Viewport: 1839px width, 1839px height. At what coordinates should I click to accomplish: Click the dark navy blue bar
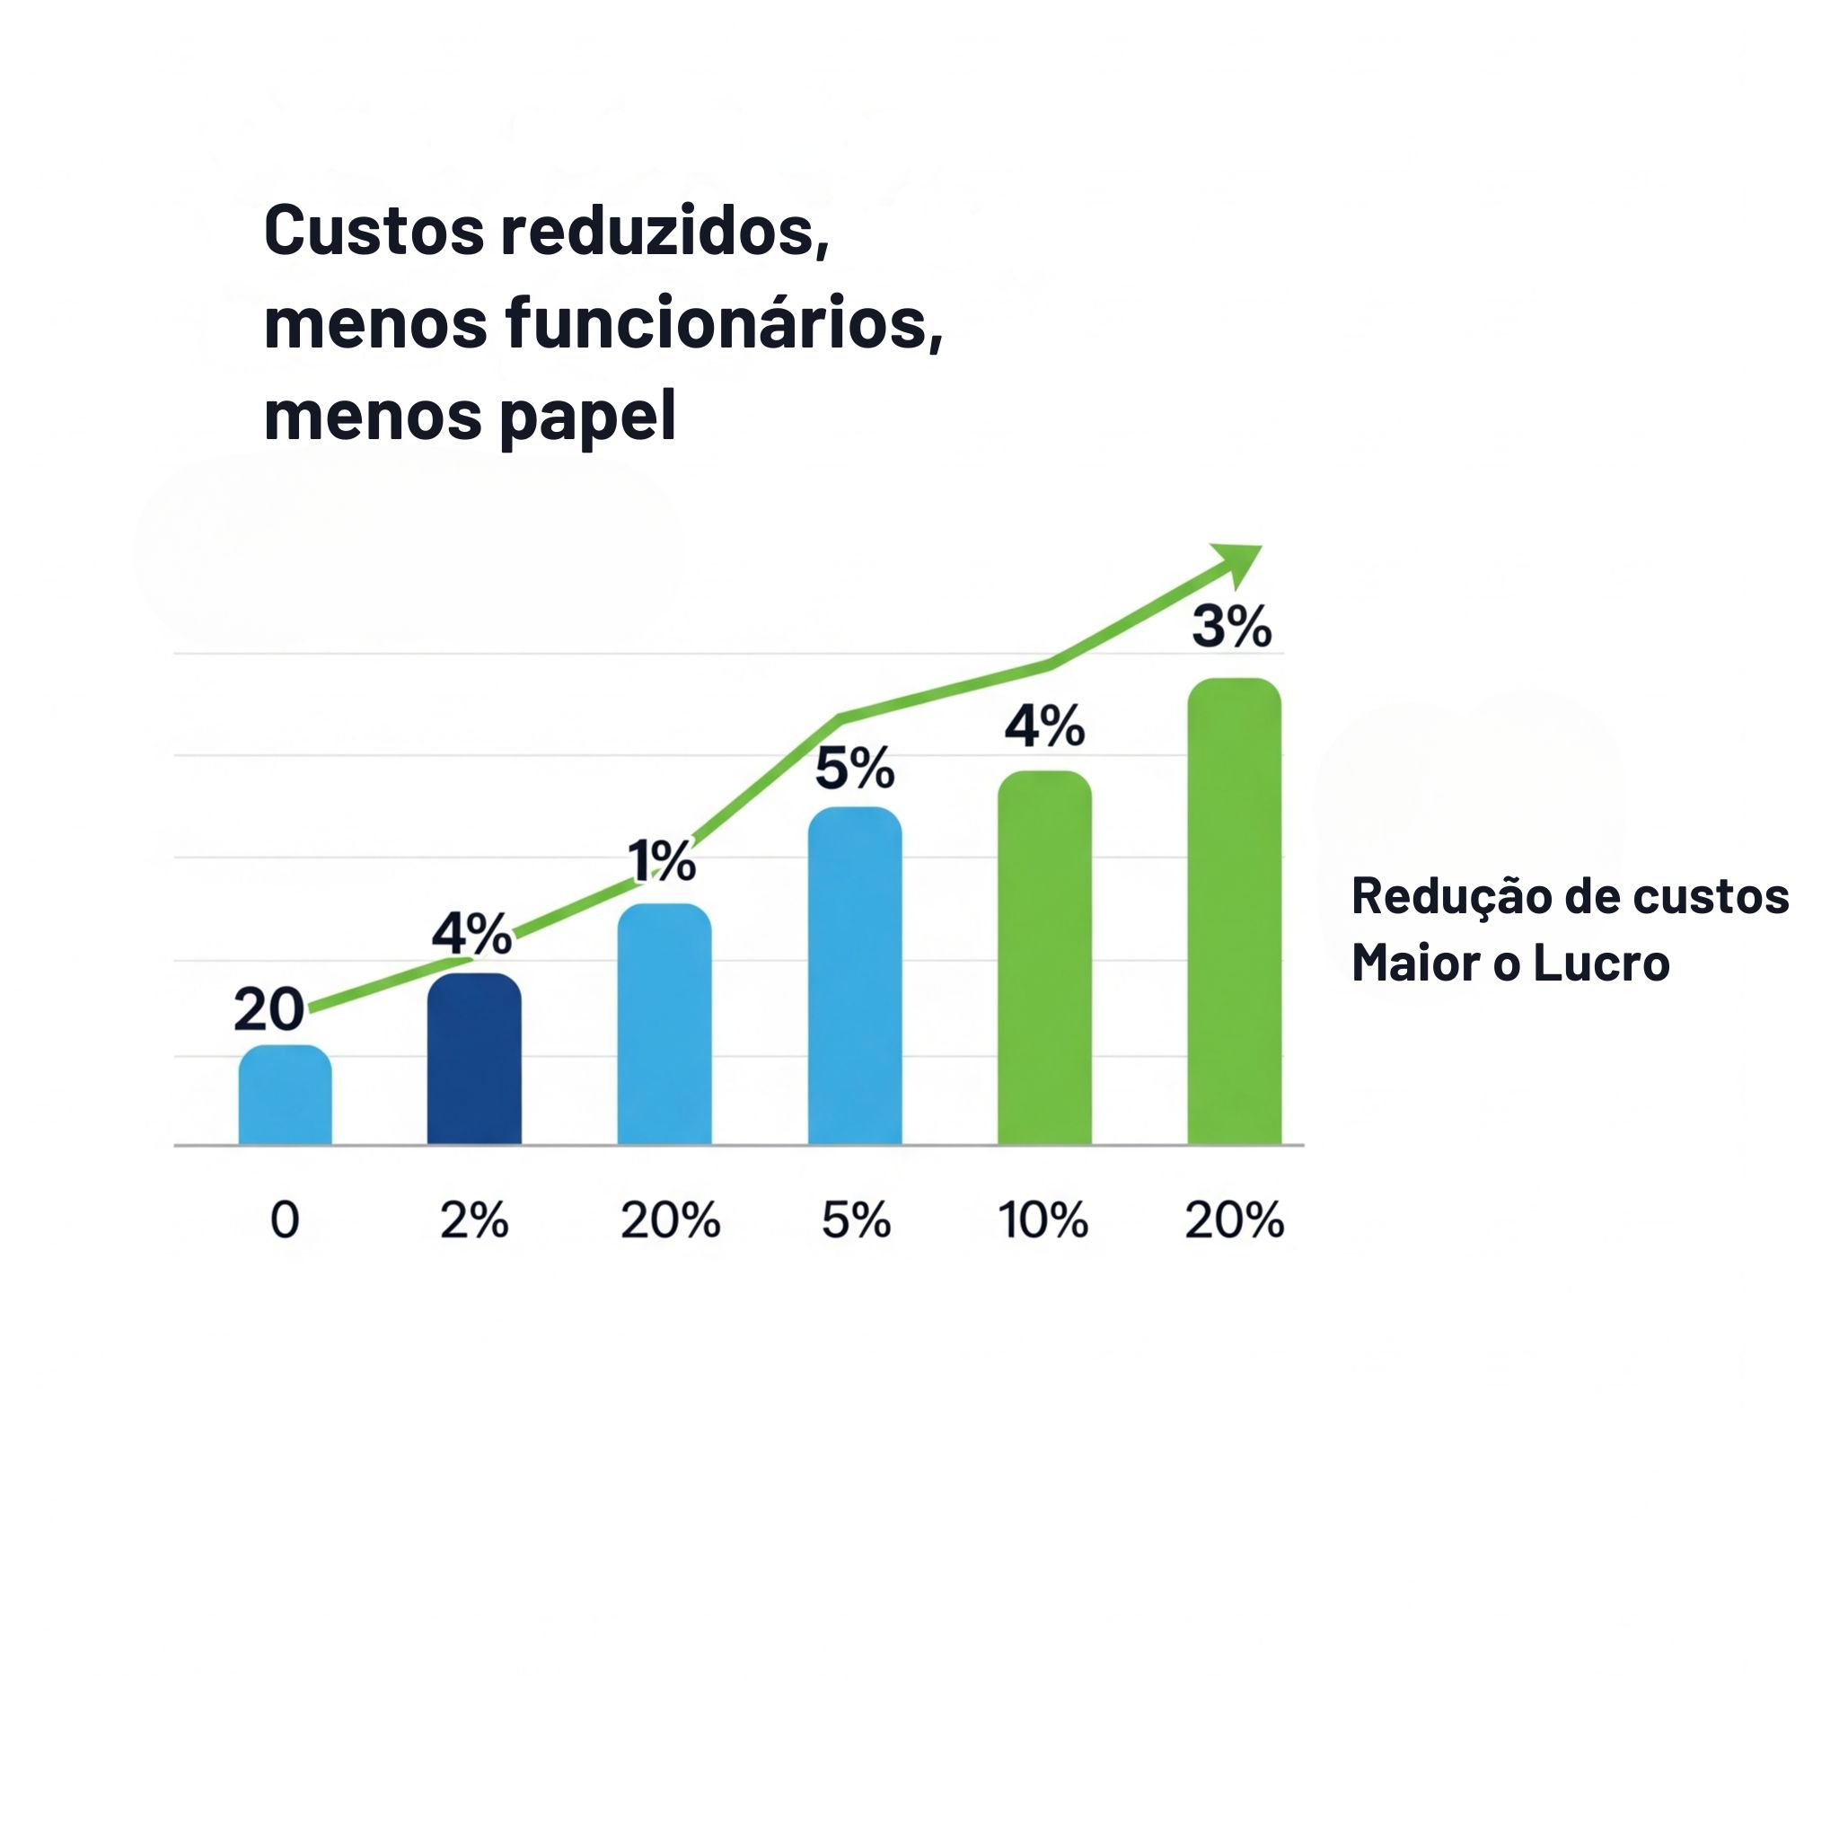[x=474, y=1059]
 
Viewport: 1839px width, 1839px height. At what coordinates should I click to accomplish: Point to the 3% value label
[x=1232, y=628]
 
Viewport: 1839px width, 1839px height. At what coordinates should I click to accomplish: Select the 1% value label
[x=662, y=861]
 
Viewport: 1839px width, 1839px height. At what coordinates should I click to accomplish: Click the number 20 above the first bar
[x=268, y=1009]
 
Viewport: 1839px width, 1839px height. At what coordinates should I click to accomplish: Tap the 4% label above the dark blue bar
[x=472, y=933]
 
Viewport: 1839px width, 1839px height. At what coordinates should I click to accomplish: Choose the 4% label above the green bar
[x=1044, y=727]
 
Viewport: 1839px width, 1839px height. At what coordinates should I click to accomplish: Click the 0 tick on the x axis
[x=285, y=1220]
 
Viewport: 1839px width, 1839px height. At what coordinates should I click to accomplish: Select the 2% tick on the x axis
[x=474, y=1220]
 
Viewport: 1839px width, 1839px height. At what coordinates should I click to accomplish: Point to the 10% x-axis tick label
[x=1043, y=1220]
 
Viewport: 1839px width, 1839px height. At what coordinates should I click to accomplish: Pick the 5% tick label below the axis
[x=856, y=1220]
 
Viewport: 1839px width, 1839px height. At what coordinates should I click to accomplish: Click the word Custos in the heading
[x=374, y=232]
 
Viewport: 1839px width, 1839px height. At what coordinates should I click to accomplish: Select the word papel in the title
[x=587, y=417]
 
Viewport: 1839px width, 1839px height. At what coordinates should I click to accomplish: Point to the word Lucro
[x=1601, y=963]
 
